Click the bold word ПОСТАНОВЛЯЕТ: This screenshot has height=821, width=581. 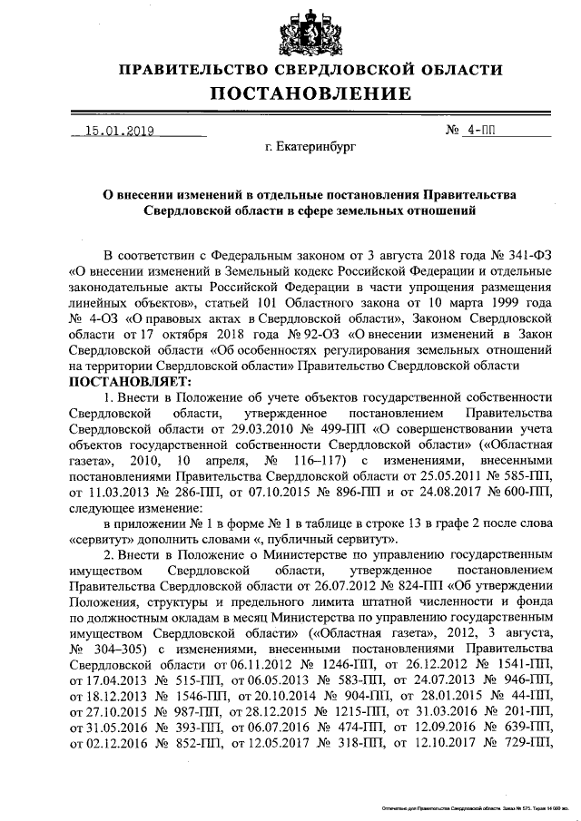[123, 382]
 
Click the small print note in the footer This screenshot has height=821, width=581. [476, 805]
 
